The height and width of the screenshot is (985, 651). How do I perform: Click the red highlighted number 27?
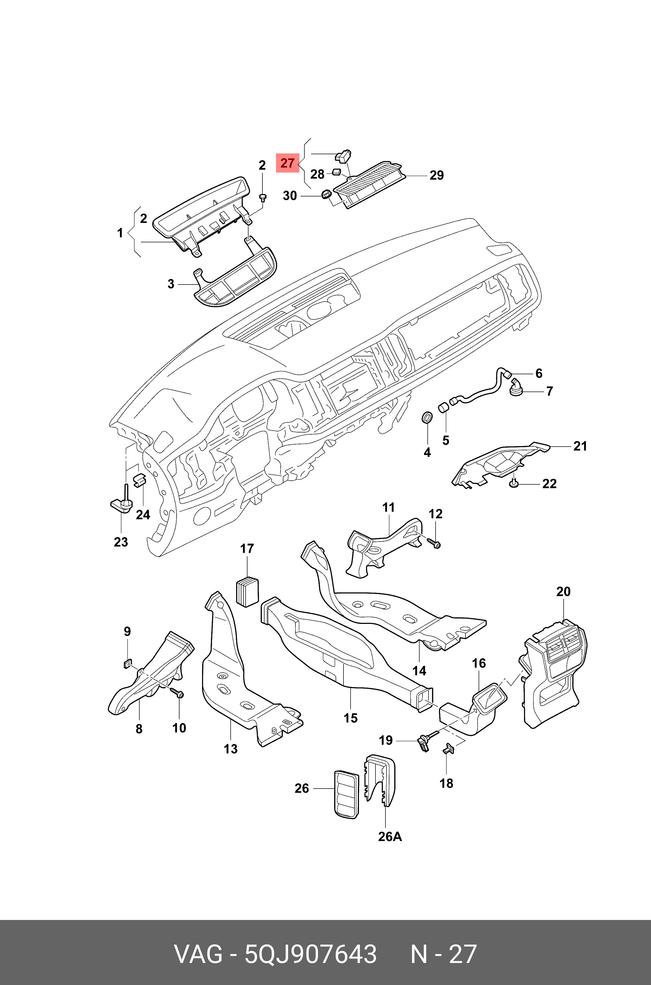pyautogui.click(x=287, y=163)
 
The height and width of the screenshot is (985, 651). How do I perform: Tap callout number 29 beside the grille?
pyautogui.click(x=436, y=175)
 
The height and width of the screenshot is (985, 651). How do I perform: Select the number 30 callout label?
pyautogui.click(x=290, y=195)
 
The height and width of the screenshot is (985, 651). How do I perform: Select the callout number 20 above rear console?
pyautogui.click(x=563, y=592)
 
